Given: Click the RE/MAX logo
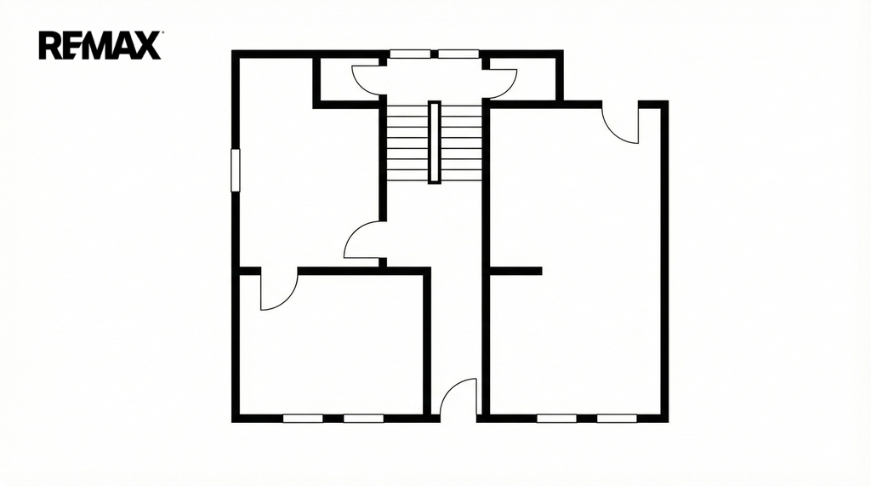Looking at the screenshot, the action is pos(100,45).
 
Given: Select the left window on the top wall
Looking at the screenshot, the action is pos(410,54).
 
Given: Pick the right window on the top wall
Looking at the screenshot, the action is pos(458,54).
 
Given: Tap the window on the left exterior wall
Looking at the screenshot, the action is pos(236,170).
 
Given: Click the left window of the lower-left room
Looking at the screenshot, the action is pos(303,418).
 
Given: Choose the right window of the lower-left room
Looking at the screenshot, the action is pos(363,418).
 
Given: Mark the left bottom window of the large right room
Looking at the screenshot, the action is pos(556,418).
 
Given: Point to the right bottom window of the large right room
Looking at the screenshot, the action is pos(618,418).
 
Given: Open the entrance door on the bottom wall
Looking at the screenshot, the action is pos(458,397).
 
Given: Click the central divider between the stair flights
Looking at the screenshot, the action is pos(435,142).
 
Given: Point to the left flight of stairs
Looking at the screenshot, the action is pos(407,143).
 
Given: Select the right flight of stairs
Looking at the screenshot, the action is pos(461,143).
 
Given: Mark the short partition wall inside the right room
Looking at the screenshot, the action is pos(515,271).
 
